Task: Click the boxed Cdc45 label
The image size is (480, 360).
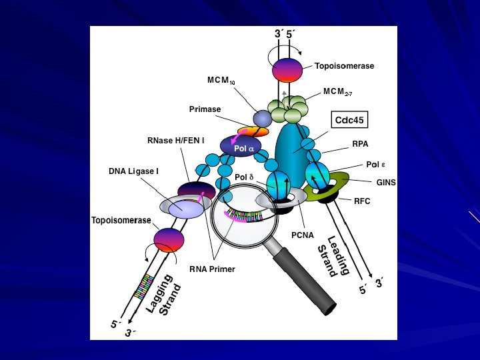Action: [x=351, y=121]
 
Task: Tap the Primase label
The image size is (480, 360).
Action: [x=205, y=109]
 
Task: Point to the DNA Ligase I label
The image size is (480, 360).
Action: [x=133, y=171]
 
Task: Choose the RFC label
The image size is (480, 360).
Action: [x=362, y=199]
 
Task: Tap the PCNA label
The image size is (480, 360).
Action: [x=302, y=235]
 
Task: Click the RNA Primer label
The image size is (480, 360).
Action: [x=212, y=269]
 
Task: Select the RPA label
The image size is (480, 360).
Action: [x=361, y=143]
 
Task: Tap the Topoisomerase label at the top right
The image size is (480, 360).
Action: [x=344, y=66]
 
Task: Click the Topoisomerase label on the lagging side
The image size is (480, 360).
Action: [x=121, y=221]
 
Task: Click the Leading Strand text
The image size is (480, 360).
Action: [x=333, y=257]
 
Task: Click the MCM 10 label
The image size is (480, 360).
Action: [x=221, y=81]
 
